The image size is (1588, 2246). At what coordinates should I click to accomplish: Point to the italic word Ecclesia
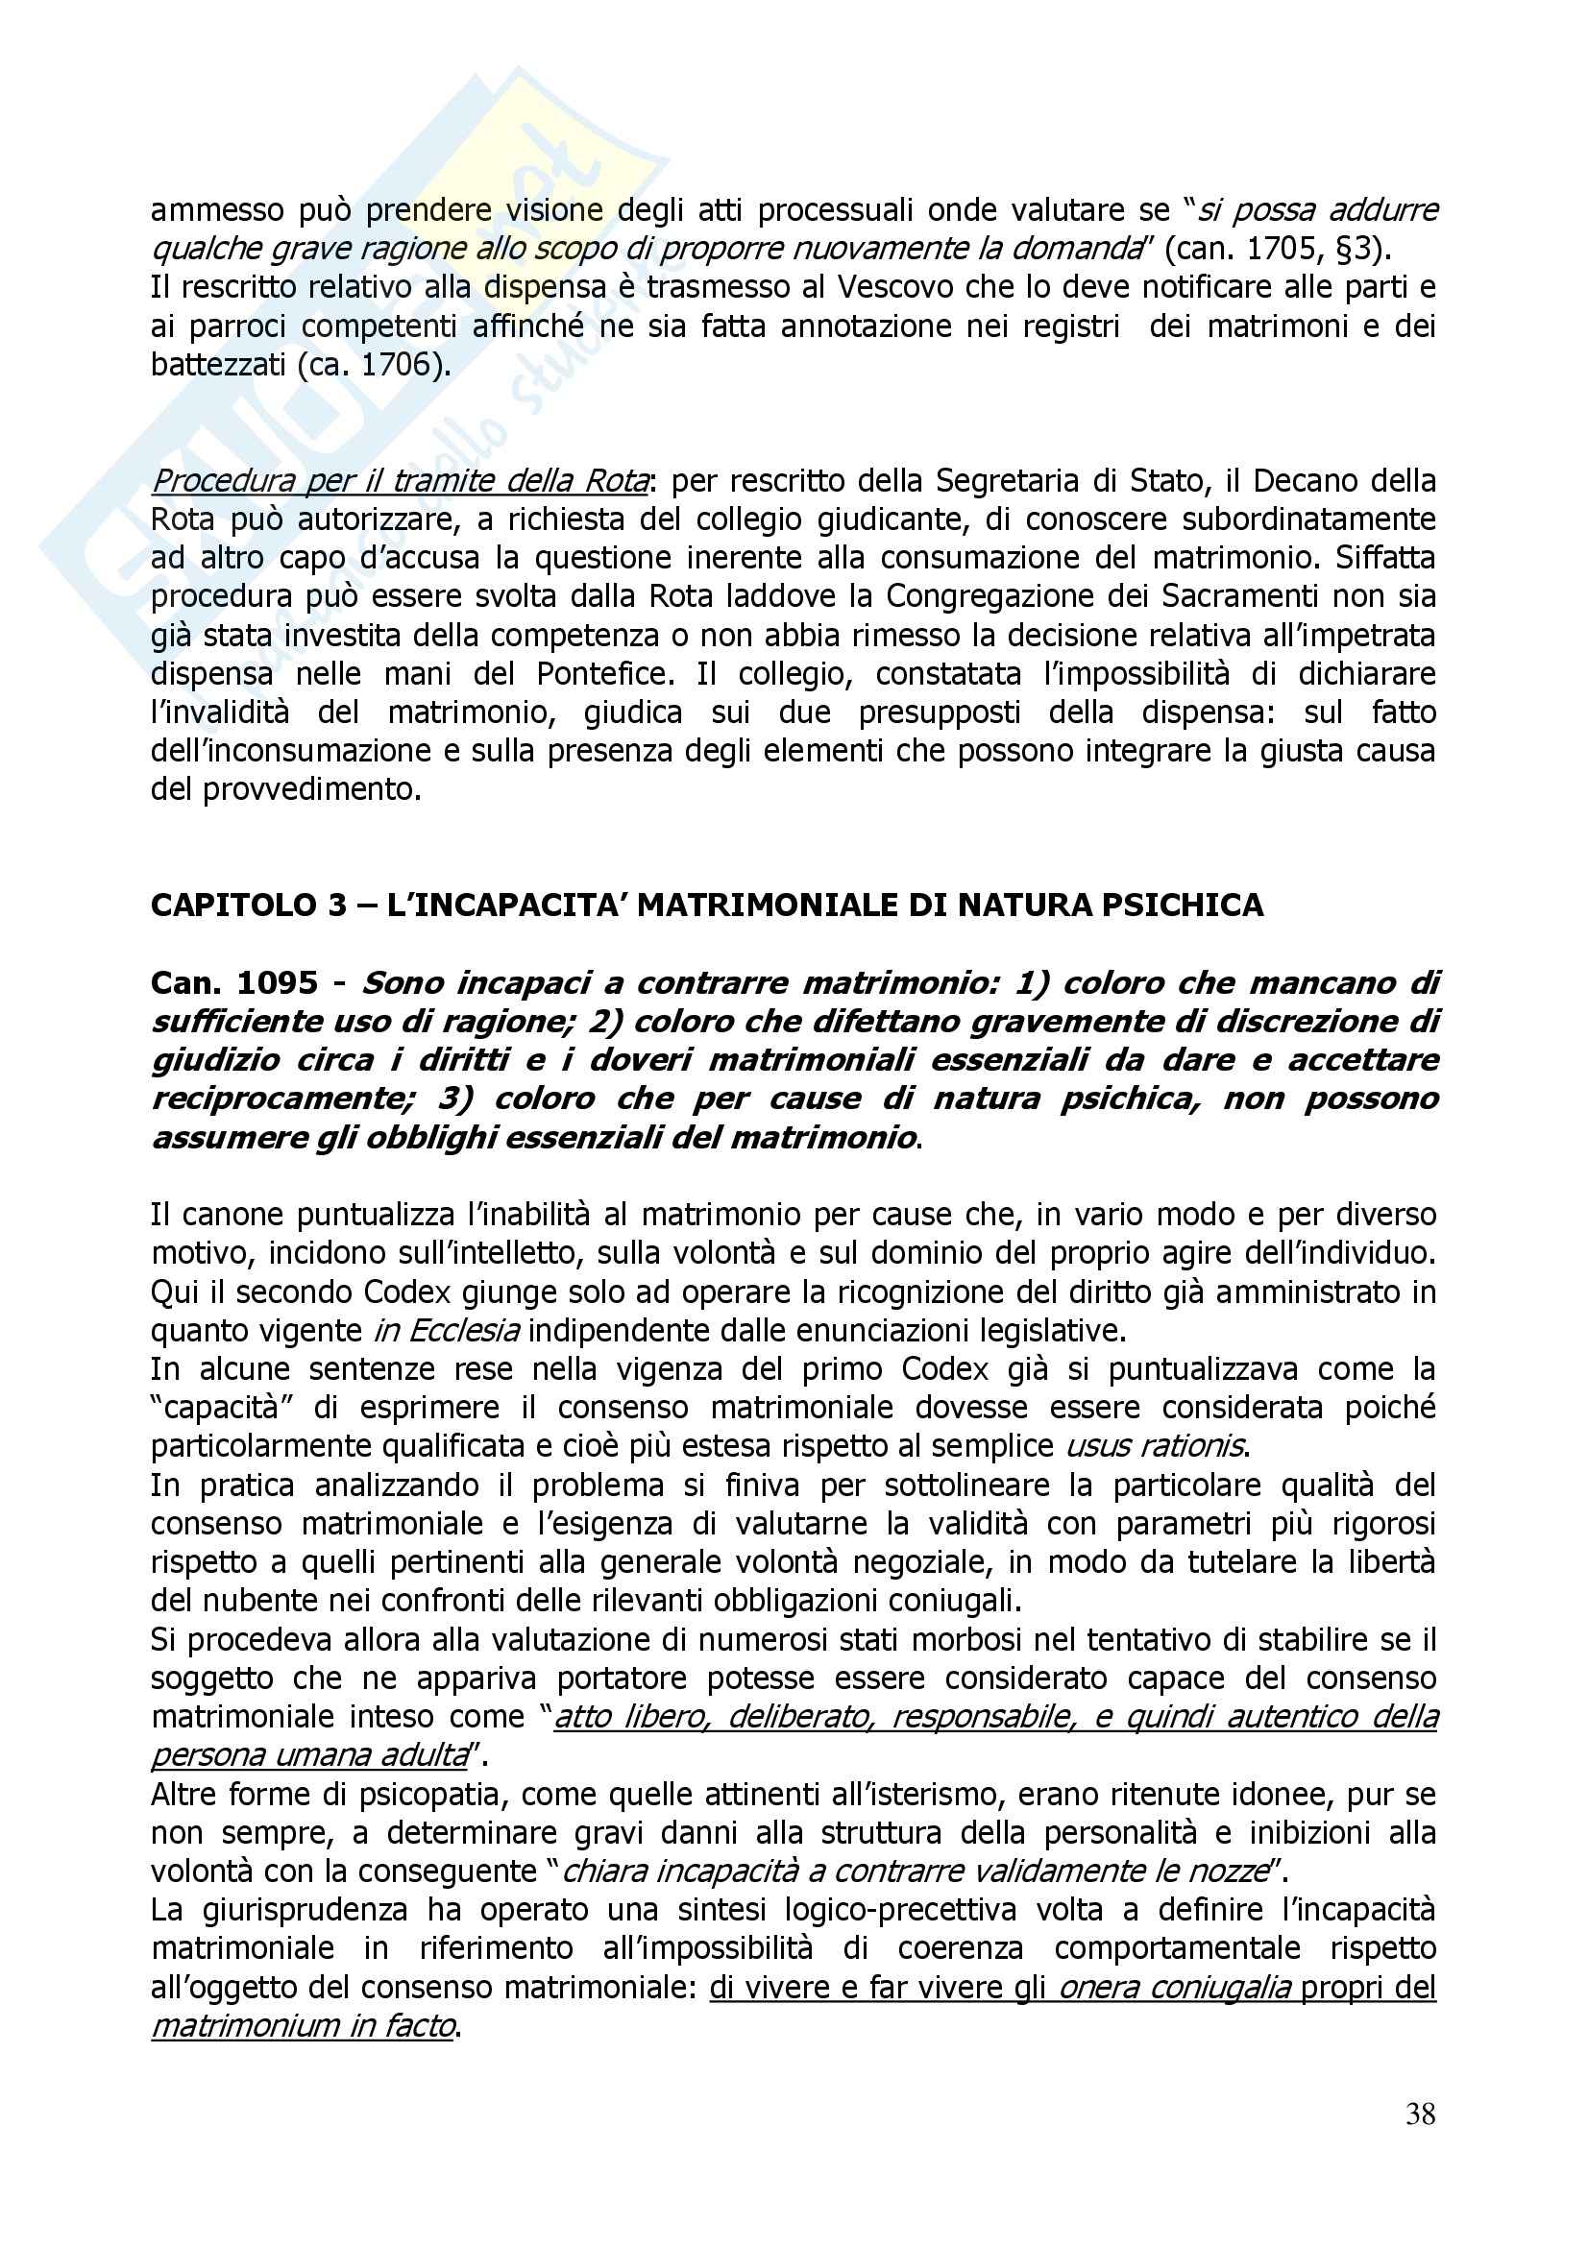pos(454,1330)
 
